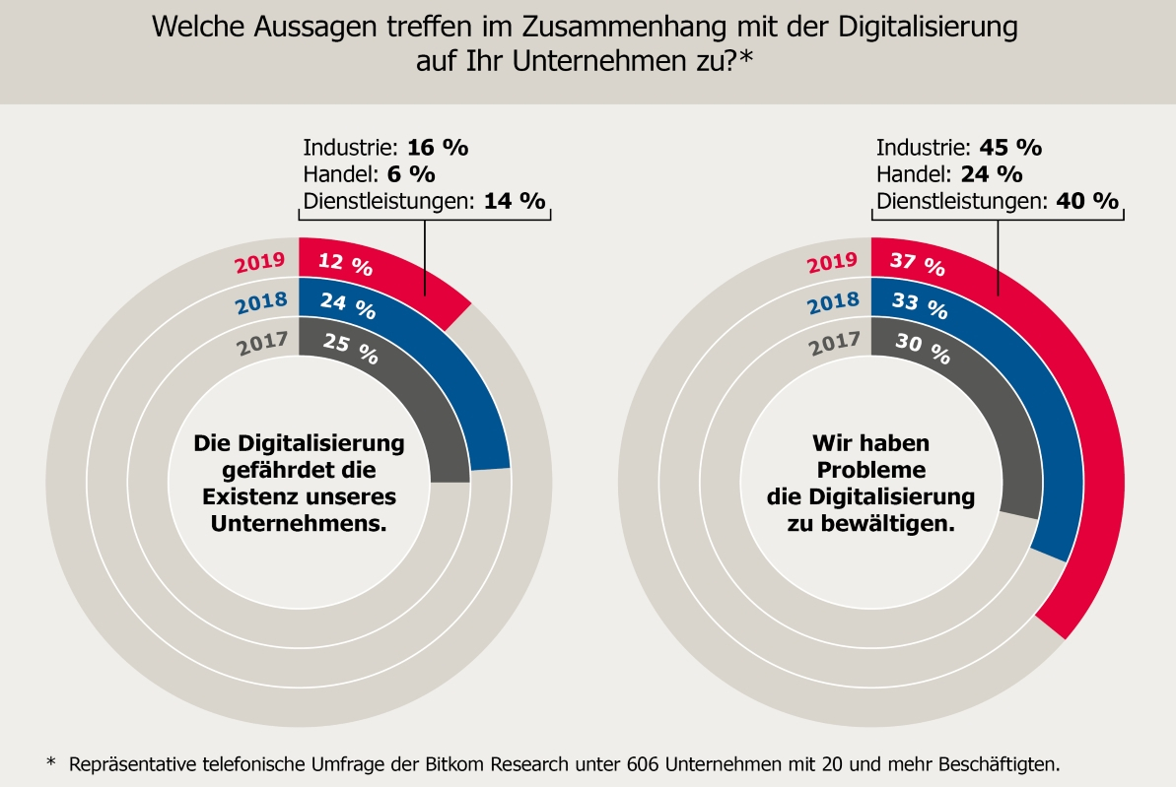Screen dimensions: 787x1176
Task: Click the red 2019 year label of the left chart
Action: click(x=260, y=263)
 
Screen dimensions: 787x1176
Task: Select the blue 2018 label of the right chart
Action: click(x=833, y=304)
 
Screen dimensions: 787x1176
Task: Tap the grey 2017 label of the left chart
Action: click(x=261, y=345)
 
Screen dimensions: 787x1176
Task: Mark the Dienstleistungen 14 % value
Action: click(x=514, y=201)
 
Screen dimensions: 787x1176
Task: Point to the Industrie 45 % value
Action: click(x=1010, y=148)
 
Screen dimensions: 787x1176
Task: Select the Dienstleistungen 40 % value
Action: click(x=1087, y=201)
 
